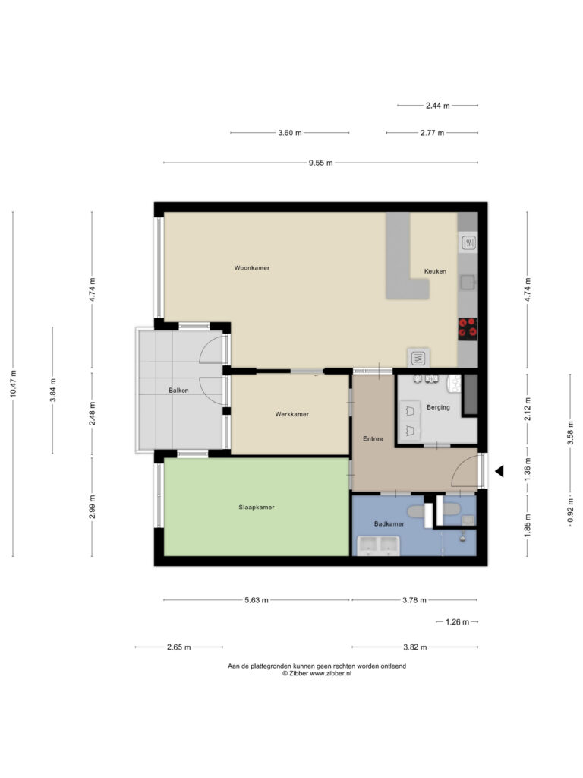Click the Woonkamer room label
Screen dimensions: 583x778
tap(252, 268)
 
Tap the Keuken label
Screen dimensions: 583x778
tap(435, 271)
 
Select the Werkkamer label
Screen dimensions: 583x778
tap(292, 414)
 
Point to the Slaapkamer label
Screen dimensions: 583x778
tap(257, 508)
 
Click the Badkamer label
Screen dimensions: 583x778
tap(389, 524)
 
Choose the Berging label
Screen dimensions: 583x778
tap(438, 407)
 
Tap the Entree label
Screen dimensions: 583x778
tap(373, 439)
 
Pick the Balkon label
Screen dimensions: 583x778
tap(178, 391)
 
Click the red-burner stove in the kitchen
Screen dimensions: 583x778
tap(468, 329)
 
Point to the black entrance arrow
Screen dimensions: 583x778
tap(499, 471)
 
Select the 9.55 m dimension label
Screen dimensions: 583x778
tap(321, 163)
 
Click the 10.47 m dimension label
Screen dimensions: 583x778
tap(14, 384)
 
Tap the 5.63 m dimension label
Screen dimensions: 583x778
tap(257, 600)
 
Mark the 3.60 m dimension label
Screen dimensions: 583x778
tap(290, 133)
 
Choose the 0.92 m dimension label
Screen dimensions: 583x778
tap(571, 510)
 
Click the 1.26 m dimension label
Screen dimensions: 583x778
tap(457, 622)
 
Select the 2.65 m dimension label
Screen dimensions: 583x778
tap(179, 647)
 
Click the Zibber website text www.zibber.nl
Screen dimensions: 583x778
tap(331, 674)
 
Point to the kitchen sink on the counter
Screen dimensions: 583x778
tap(468, 283)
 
